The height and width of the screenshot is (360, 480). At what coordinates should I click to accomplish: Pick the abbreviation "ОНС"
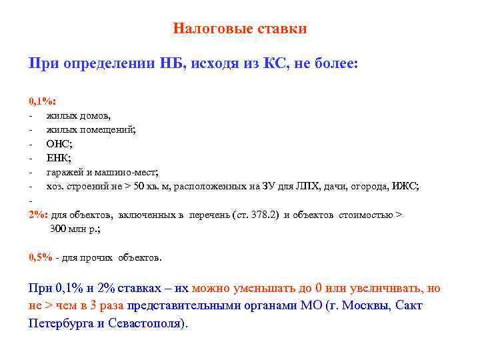pos(59,144)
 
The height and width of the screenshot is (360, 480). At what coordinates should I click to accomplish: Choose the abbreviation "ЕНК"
pos(58,158)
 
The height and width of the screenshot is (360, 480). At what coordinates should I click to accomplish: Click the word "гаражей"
pos(65,172)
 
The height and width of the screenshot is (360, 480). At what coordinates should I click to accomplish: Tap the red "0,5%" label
pos(41,257)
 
